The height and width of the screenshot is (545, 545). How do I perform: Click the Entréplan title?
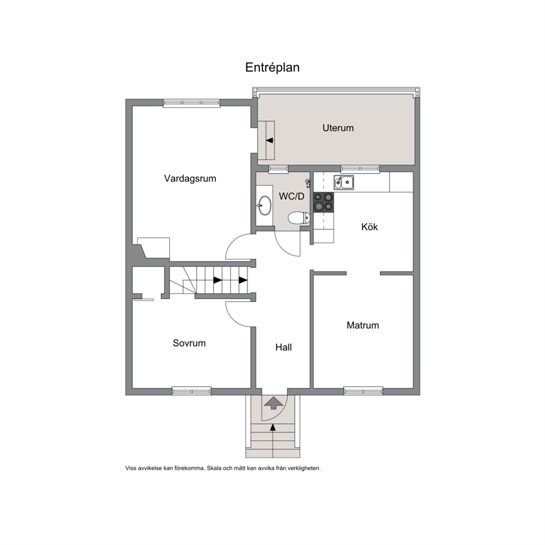point(272,68)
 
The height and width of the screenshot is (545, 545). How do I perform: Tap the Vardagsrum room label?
point(190,179)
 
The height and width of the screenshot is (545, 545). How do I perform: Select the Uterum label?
point(338,128)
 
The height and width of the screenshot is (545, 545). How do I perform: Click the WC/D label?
point(291,196)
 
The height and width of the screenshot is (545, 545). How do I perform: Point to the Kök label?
point(369,226)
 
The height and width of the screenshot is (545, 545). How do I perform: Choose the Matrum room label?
point(363,325)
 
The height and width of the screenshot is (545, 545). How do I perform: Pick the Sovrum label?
point(189,343)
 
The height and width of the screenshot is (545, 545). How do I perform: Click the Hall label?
point(283,347)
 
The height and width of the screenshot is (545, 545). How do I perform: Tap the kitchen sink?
point(344,182)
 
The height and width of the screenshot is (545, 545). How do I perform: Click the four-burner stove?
point(324,202)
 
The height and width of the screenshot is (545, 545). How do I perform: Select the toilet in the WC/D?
point(299,218)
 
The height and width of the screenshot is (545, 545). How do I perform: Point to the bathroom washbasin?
point(265,205)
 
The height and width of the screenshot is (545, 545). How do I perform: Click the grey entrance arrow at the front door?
point(274,403)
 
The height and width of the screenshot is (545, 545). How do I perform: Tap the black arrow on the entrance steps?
point(273,427)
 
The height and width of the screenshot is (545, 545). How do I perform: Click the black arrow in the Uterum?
point(270,141)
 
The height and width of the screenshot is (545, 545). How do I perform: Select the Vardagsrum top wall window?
point(192,103)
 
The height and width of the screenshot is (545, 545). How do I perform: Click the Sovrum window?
point(192,391)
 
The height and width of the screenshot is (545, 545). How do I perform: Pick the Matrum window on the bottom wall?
point(363,391)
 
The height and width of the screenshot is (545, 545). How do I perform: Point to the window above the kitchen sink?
point(360,169)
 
